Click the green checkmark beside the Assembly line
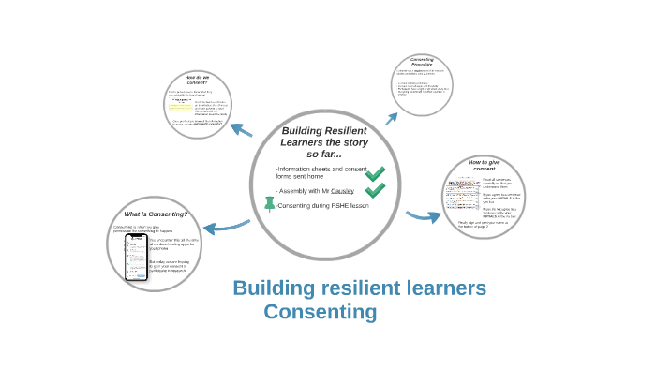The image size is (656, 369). click(375, 190)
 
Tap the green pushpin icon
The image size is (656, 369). click(270, 203)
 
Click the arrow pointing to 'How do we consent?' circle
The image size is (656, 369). click(241, 130)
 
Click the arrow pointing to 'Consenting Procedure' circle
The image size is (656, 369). click(391, 117)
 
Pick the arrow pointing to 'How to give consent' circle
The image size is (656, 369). click(424, 216)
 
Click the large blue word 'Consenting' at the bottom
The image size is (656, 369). click(321, 311)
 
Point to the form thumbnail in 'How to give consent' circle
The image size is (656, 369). click(461, 199)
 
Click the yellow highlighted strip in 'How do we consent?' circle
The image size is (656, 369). click(181, 106)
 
